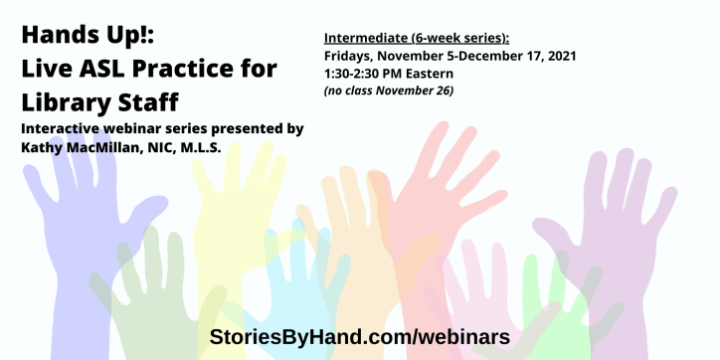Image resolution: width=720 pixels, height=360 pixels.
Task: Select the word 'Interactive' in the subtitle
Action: coord(62,129)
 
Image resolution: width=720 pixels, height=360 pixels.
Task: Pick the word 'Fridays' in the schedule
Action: coord(349,56)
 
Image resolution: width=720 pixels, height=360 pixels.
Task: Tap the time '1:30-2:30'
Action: coord(356,74)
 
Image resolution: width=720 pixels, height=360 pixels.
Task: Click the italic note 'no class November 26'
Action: coord(390,90)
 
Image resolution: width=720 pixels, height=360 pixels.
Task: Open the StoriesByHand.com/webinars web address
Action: coord(360,336)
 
